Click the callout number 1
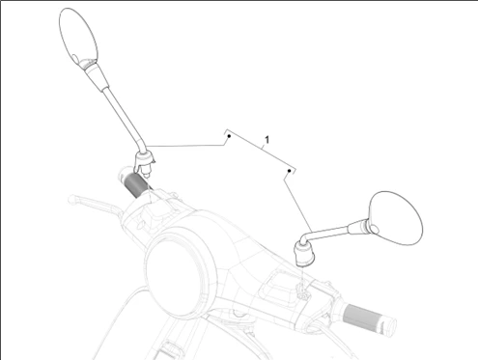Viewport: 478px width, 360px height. tap(267, 140)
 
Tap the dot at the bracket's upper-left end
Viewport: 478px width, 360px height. tap(229, 136)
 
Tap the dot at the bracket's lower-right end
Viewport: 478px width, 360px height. tap(290, 171)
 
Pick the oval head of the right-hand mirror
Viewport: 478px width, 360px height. tap(395, 218)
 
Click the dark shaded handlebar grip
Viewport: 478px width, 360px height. tap(137, 185)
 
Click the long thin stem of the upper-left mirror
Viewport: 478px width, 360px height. tap(124, 120)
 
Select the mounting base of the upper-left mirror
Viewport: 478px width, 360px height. tap(144, 162)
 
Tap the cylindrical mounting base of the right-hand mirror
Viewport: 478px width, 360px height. tap(304, 254)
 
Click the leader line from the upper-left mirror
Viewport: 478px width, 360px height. tap(185, 146)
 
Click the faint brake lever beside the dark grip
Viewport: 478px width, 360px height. tap(94, 205)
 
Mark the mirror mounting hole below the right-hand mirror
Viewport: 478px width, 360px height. tap(302, 293)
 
